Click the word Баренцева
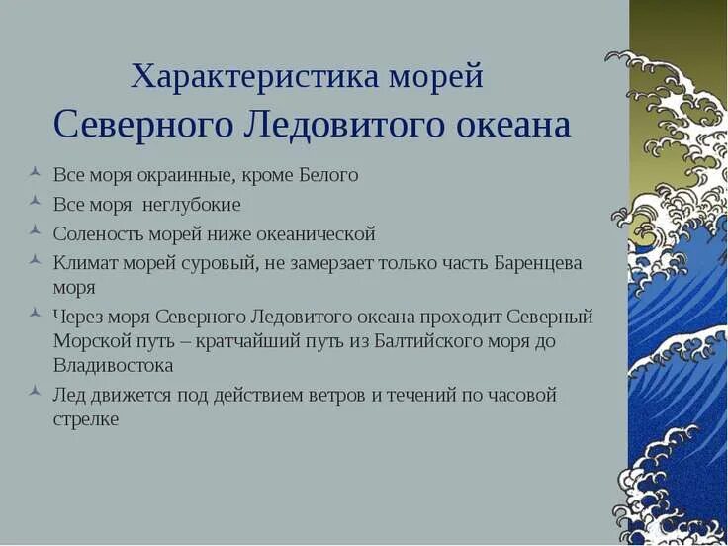535,264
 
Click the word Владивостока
113,365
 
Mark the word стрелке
86,418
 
